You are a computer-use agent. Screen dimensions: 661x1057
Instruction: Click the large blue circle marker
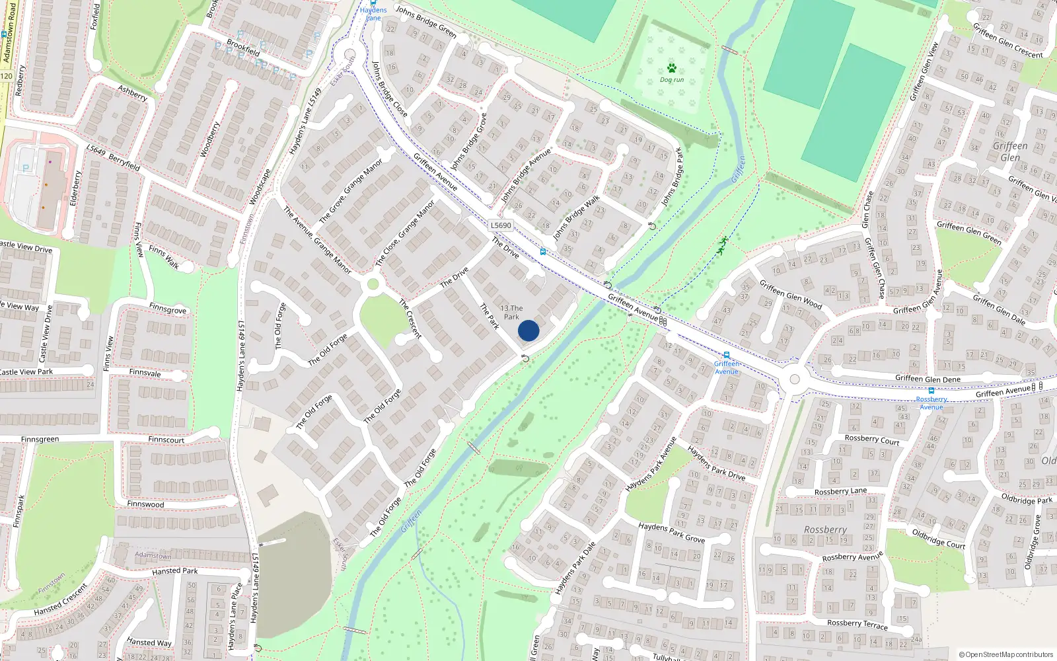[528, 330]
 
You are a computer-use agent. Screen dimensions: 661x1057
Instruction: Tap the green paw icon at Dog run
[672, 68]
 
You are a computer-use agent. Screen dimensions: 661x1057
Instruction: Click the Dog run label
[672, 80]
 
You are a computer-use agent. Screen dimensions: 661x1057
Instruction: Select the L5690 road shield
[501, 225]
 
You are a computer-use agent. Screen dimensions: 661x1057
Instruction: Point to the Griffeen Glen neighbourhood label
[1010, 151]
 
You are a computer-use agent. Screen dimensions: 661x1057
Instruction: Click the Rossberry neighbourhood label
[825, 529]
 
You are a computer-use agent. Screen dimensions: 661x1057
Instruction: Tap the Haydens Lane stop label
[373, 14]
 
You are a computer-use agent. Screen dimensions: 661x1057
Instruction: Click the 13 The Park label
[511, 312]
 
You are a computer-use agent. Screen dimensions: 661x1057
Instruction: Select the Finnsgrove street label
[168, 309]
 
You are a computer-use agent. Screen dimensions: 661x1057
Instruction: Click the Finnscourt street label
[166, 440]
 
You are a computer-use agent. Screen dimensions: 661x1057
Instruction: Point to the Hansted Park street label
[174, 571]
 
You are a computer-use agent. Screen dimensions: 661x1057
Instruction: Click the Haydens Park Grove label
[671, 532]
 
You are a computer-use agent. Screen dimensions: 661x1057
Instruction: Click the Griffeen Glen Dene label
[928, 379]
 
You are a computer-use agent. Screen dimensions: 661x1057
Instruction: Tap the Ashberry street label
[132, 93]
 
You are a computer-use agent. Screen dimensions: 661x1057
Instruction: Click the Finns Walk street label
[164, 256]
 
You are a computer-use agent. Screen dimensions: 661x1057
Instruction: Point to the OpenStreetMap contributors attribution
[1006, 655]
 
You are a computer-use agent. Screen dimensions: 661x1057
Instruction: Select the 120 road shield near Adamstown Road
[6, 76]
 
